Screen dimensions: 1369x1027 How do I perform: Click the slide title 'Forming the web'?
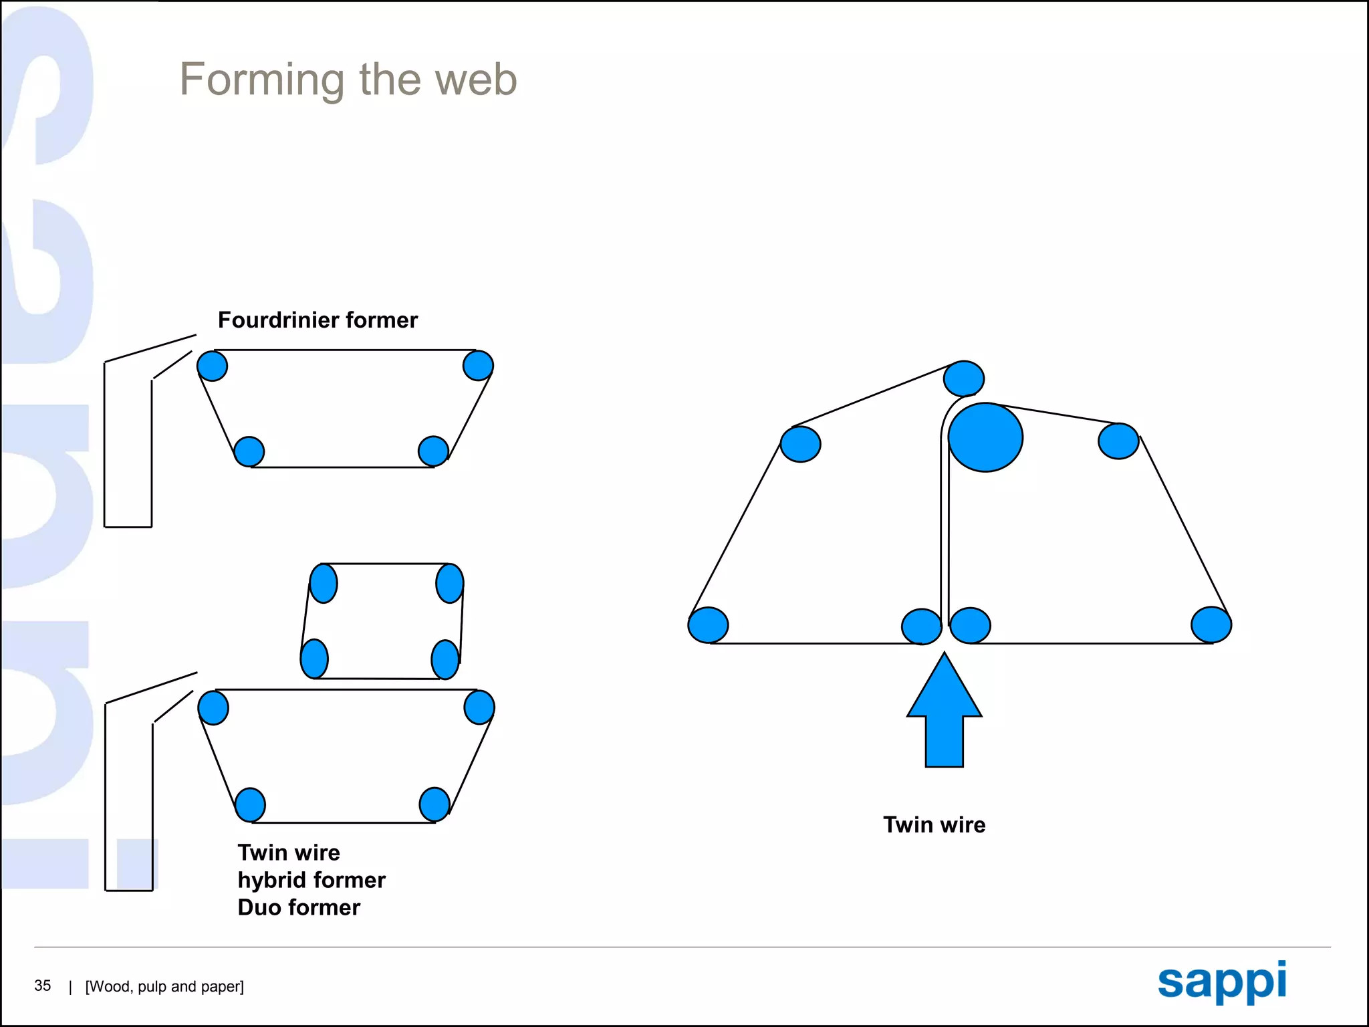pyautogui.click(x=348, y=80)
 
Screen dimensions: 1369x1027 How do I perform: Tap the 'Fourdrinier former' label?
pyautogui.click(x=318, y=320)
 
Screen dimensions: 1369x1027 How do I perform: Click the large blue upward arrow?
pyautogui.click(x=944, y=710)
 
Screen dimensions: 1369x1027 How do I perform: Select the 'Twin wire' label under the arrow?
pyautogui.click(x=934, y=824)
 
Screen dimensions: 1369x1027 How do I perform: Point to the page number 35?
pyautogui.click(x=42, y=986)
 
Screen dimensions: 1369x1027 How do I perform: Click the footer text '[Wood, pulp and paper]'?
pyautogui.click(x=164, y=987)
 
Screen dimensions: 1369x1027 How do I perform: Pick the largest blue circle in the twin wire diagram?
pyautogui.click(x=985, y=437)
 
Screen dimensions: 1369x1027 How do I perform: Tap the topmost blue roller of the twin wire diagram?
pyautogui.click(x=963, y=378)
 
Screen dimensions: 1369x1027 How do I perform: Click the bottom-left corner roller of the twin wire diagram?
pyautogui.click(x=708, y=625)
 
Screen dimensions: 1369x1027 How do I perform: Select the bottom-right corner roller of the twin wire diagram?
pyautogui.click(x=1211, y=625)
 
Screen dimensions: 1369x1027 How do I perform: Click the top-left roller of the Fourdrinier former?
pyautogui.click(x=213, y=366)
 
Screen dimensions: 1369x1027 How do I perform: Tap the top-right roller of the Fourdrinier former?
pyautogui.click(x=478, y=365)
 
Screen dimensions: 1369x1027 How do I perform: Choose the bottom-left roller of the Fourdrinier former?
pyautogui.click(x=249, y=451)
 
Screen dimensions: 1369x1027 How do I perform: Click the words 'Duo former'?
pyautogui.click(x=299, y=907)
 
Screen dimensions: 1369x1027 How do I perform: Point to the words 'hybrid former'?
pyautogui.click(x=312, y=880)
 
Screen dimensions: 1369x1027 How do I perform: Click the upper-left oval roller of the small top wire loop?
pyautogui.click(x=324, y=583)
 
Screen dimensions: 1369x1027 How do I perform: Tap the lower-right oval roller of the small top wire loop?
pyautogui.click(x=445, y=659)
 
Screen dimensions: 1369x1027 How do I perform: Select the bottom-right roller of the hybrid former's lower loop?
pyautogui.click(x=434, y=804)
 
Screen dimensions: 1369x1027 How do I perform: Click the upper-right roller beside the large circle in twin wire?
pyautogui.click(x=1118, y=441)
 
